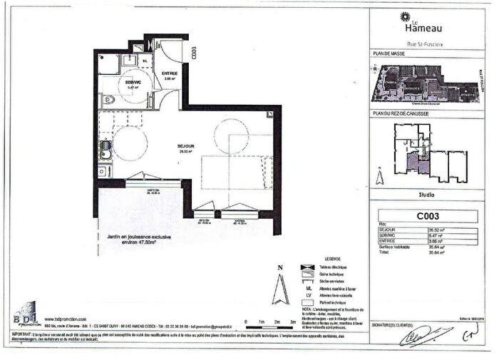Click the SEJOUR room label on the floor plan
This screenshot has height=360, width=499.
point(187,145)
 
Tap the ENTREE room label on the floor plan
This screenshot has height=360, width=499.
point(169,73)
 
